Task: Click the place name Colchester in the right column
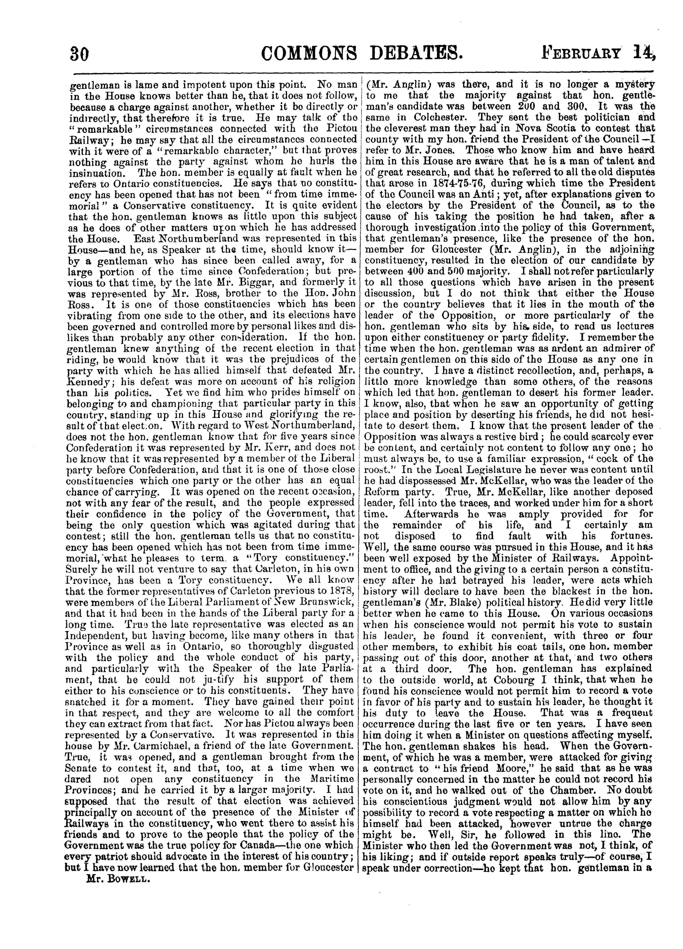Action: tap(441, 117)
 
